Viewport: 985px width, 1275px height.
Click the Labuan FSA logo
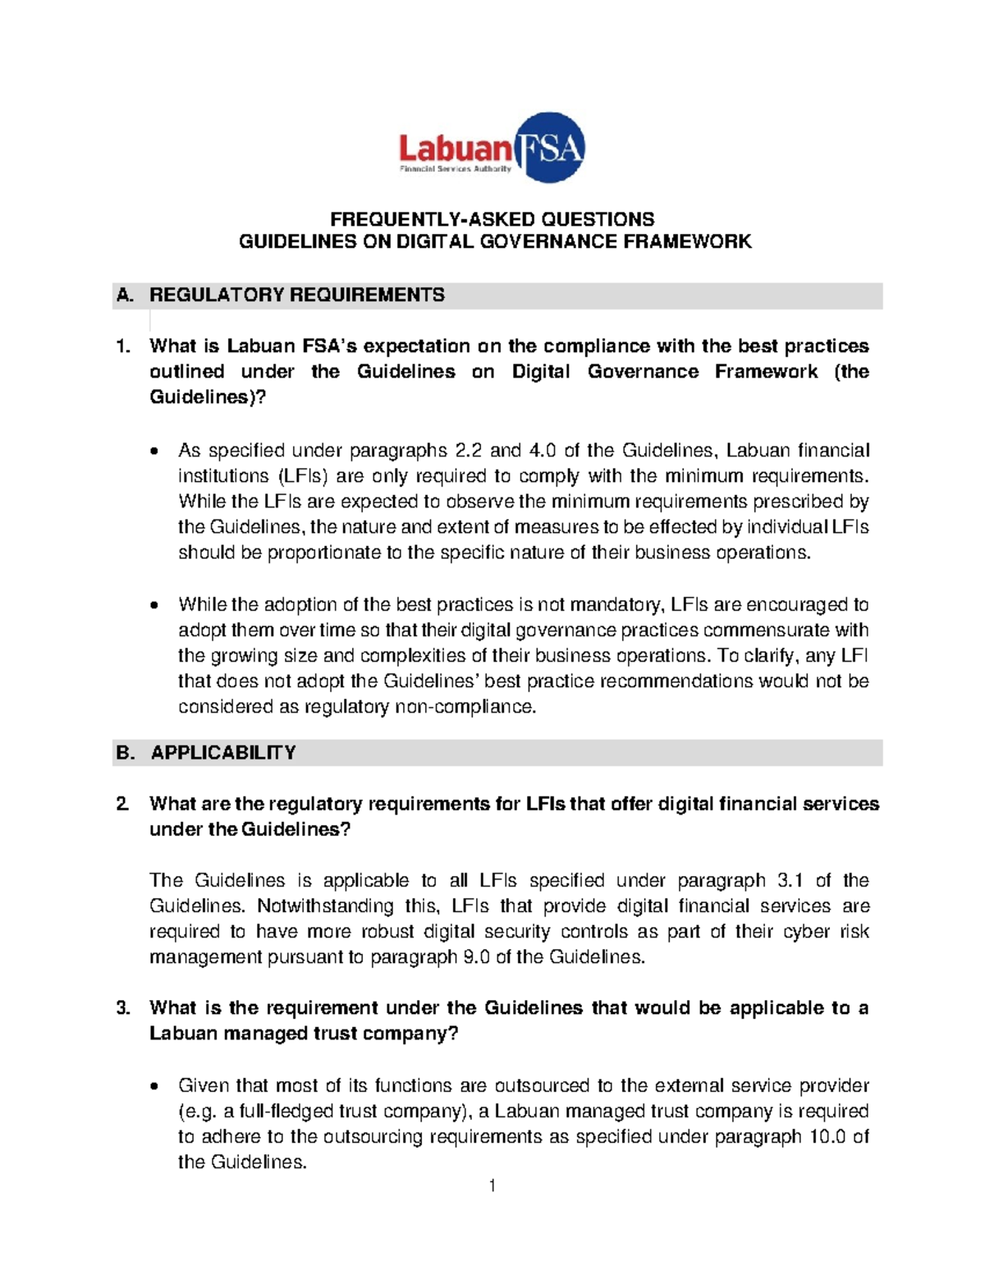coord(492,148)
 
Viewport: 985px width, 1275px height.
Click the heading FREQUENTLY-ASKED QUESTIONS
coord(492,219)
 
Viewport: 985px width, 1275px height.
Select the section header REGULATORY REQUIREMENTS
coord(296,296)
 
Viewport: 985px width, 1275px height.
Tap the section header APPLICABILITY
coord(222,753)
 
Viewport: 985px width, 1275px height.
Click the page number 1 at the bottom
coord(492,1186)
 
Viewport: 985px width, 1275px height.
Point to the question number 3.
coord(123,1008)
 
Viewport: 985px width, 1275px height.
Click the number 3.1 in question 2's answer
coord(789,881)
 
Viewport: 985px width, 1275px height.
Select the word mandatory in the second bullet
coord(624,605)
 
